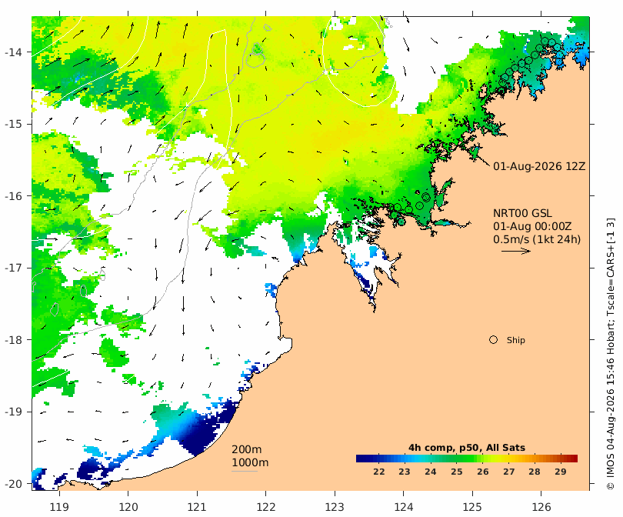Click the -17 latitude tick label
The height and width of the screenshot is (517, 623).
point(14,268)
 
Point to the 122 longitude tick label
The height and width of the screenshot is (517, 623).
point(266,507)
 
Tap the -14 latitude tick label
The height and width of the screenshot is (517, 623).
point(14,52)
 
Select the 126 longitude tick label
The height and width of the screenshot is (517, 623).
point(541,507)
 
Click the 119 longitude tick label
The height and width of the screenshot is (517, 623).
point(59,507)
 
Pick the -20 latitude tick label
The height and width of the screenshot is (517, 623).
point(14,484)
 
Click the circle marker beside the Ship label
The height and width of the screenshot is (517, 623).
point(493,340)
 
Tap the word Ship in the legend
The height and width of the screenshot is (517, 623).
point(516,340)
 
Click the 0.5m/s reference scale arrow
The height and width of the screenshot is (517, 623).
point(516,251)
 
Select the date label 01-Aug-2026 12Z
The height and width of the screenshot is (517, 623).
point(539,166)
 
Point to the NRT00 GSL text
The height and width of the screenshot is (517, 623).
point(522,213)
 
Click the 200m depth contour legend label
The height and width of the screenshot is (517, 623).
point(247,449)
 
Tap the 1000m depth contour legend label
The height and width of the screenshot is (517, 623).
point(250,462)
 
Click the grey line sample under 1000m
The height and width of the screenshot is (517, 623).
point(245,472)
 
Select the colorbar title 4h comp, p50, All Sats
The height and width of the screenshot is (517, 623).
point(467,448)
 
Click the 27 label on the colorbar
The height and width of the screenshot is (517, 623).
point(508,472)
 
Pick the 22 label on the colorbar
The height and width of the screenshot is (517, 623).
point(379,472)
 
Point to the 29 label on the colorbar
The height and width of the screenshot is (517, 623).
point(560,472)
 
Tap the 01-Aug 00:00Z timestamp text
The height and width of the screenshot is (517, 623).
point(532,226)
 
